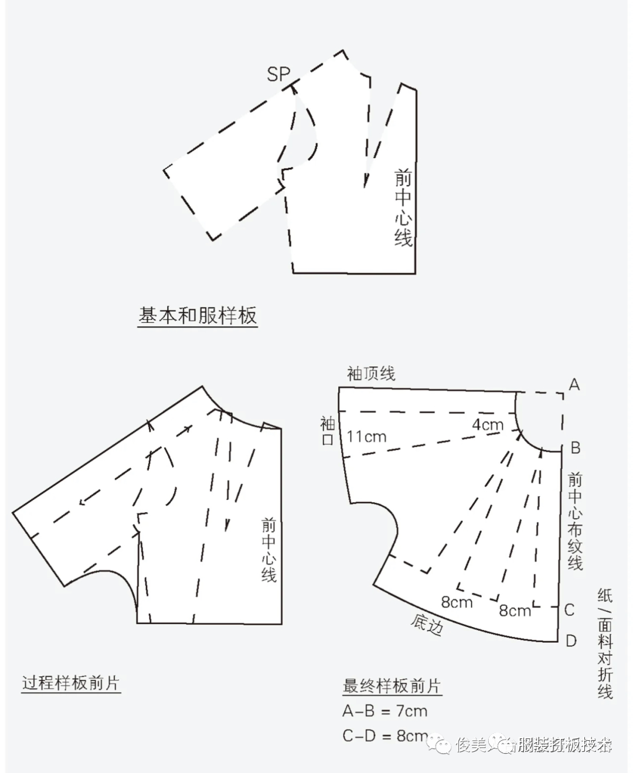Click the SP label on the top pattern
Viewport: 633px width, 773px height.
pos(278,74)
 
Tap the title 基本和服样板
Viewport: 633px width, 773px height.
pos(198,316)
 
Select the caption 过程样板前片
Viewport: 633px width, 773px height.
pos(71,683)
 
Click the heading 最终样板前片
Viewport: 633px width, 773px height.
pos(392,686)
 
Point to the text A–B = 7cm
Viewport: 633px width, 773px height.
pos(385,711)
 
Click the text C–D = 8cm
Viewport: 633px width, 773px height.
pos(385,735)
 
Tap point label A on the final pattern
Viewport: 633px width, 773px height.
pos(574,384)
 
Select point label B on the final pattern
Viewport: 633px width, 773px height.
pos(575,448)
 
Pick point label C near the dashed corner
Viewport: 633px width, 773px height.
pos(569,609)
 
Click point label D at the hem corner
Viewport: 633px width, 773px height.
pos(571,641)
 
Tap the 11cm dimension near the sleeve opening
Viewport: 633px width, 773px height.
pos(366,437)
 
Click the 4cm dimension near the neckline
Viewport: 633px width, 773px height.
pos(488,424)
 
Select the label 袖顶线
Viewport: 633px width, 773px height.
pos(371,373)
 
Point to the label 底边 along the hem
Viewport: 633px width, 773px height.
pos(426,625)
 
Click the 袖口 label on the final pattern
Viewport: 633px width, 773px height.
pos(327,431)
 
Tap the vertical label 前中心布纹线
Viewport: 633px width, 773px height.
pos(575,521)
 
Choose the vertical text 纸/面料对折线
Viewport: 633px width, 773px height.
pos(605,643)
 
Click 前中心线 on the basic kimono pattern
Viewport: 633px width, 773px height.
pos(403,207)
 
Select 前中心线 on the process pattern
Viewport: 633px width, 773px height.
pos(268,550)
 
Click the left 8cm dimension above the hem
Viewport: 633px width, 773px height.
pos(457,601)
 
